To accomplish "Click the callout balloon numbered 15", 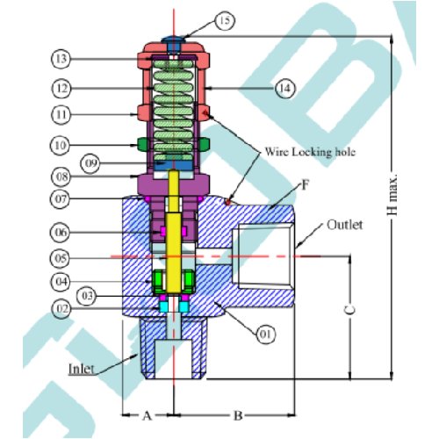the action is pos(225,21).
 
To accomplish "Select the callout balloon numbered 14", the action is pos(285,88).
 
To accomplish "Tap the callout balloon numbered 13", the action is pos(61,59).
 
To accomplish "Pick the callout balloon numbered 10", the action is pos(61,145).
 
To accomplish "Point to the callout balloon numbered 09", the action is pos(90,163).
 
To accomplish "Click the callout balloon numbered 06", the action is pos(61,233).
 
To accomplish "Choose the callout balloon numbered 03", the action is pos(87,296).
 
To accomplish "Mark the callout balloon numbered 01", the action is pos(266,334).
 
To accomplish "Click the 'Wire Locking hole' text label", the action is pos(310,152).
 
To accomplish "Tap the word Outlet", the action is pos(345,225).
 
